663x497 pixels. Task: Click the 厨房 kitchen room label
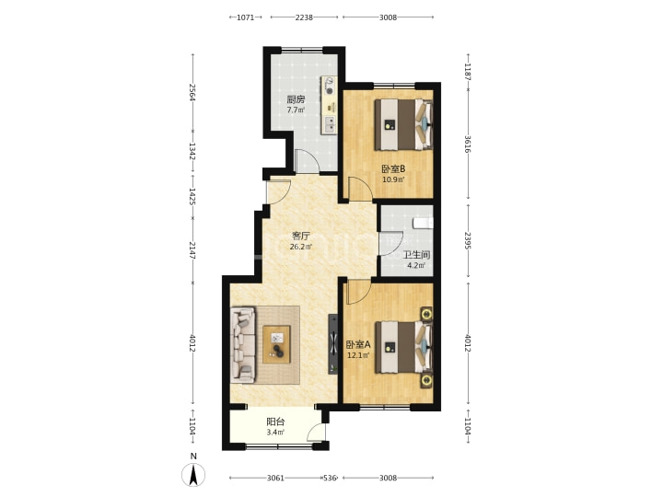pos(296,99)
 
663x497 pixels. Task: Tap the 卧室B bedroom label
pos(393,169)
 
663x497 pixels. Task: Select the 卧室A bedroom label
pos(358,345)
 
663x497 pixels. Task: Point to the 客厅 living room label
pos(300,236)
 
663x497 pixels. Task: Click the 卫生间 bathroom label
pos(416,255)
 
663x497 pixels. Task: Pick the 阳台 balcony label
pos(275,422)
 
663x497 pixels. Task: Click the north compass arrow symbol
pos(193,474)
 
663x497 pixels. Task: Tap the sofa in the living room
pos(243,345)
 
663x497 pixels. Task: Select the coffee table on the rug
pos(276,344)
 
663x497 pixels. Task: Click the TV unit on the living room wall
pos(333,344)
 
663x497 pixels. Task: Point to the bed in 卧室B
pos(404,124)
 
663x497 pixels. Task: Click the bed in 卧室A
pos(404,347)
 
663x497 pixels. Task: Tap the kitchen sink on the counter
pos(329,124)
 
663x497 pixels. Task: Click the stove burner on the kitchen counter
pos(329,86)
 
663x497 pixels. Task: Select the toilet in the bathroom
pos(424,223)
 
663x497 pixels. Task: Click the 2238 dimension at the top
pos(304,17)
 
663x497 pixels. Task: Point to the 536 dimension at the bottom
pos(330,478)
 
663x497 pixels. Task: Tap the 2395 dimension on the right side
pos(467,240)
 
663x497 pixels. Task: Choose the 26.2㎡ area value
pos(300,247)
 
